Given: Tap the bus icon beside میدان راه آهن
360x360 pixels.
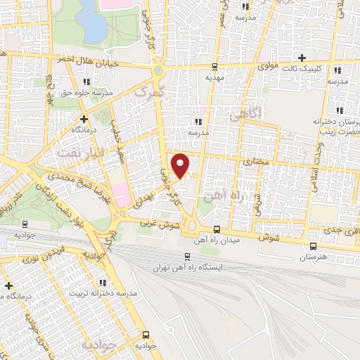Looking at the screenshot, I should pos(216,230).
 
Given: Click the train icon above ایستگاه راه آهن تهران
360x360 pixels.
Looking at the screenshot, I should pos(186,257).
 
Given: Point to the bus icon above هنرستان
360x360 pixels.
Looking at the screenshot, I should pos(313,246).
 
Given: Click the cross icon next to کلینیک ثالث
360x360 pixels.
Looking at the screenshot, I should pos(302,58).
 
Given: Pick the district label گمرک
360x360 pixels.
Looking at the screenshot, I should pos(150,92).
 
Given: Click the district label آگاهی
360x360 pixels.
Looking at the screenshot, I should pos(247,112).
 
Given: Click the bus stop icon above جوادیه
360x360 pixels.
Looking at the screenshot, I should pos(146,335).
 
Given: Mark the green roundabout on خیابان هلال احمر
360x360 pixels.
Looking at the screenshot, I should pos(159,70).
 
